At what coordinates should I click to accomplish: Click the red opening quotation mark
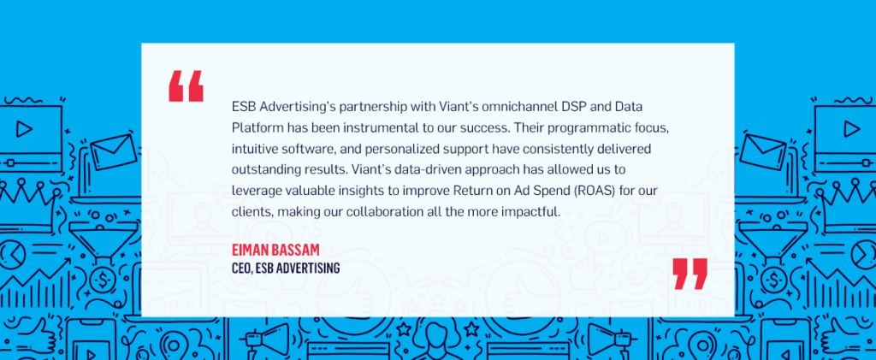(x=186, y=87)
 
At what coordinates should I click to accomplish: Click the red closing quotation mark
(x=690, y=274)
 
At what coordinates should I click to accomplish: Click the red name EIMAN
(x=252, y=250)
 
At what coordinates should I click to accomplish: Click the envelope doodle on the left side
(x=114, y=152)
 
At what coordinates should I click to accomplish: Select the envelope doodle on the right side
(x=763, y=152)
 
